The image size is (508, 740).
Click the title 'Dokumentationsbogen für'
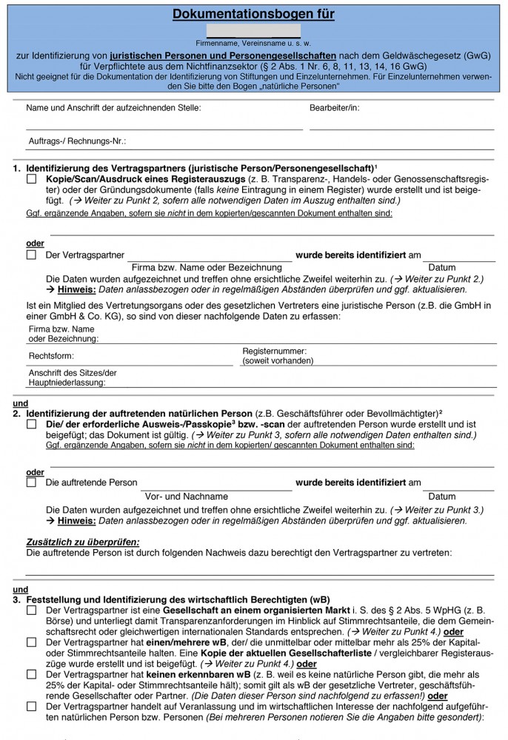254,14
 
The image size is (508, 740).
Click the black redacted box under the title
254,31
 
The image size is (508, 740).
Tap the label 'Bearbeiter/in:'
335,107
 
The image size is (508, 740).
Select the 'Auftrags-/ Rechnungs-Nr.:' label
76,140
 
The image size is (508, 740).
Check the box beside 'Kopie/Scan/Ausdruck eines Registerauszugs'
31,179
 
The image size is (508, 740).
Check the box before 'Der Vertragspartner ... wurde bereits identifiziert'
31,255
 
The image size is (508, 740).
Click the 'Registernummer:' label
274,351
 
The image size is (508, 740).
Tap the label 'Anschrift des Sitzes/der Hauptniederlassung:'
73,377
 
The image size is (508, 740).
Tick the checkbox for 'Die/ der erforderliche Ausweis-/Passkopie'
31,425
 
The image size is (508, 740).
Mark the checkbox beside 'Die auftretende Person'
31,482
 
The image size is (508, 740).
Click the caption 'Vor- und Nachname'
187,496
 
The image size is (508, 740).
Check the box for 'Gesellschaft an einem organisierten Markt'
31,610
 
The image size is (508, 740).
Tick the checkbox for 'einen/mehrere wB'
31,642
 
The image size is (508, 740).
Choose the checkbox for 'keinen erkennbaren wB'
31,674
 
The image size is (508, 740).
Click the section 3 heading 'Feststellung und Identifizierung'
178,598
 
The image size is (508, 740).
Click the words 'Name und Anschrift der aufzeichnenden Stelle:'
113,107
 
